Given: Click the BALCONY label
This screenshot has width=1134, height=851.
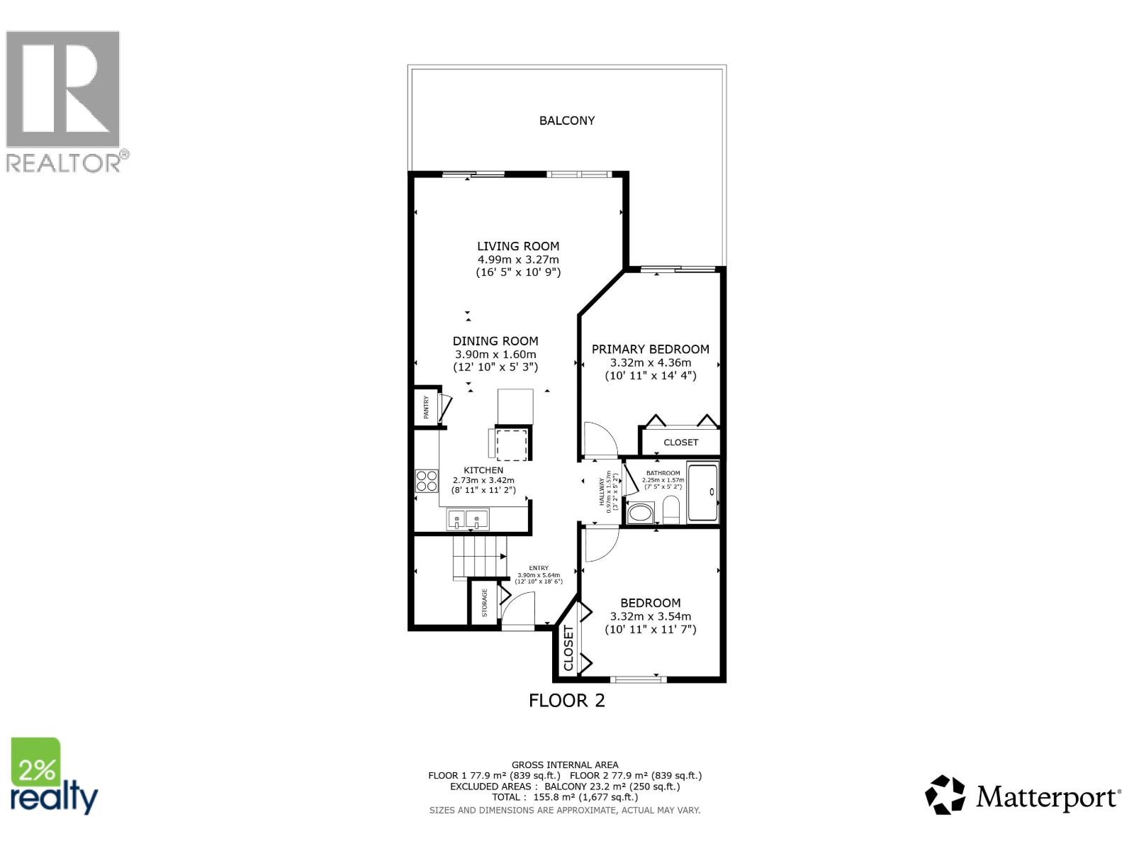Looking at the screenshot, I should click(566, 121).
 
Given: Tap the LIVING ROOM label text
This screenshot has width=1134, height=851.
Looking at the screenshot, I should click(518, 246).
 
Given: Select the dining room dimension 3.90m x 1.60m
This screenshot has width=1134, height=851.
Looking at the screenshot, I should click(495, 354).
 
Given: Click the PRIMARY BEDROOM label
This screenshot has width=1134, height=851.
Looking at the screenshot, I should click(650, 349).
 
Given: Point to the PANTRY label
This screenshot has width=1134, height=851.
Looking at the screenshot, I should click(426, 408).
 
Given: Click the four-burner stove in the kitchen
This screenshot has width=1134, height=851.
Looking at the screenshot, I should click(427, 481).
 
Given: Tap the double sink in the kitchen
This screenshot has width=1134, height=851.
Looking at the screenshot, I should click(467, 521).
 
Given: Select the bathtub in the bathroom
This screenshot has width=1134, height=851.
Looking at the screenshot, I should click(703, 491).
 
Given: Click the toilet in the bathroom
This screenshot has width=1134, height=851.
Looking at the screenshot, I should click(670, 508).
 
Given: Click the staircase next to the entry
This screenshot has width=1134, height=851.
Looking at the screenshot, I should click(480, 557).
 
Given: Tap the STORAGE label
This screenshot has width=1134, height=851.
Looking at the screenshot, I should click(485, 603).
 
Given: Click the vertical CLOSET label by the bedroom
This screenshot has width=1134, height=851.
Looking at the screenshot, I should click(568, 648).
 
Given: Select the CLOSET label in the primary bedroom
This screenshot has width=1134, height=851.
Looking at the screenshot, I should click(680, 442).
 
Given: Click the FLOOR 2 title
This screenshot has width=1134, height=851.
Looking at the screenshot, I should click(566, 701).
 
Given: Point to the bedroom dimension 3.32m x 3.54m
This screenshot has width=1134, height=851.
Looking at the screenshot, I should click(650, 616).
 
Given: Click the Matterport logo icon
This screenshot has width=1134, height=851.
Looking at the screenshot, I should click(945, 795).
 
